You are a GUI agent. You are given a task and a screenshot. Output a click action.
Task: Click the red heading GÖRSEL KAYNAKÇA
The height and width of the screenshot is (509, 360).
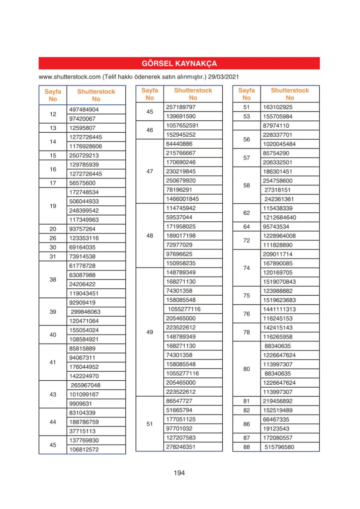pyautogui.click(x=179, y=64)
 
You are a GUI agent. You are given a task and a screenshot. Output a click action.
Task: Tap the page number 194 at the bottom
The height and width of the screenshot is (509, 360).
pyautogui.click(x=179, y=473)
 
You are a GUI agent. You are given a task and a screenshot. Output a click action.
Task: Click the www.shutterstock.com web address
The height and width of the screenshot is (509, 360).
pyautogui.click(x=69, y=78)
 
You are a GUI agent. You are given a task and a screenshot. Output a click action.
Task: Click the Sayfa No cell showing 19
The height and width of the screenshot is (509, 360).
pyautogui.click(x=53, y=206)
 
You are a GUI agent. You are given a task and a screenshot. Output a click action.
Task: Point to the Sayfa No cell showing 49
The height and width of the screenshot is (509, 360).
pyautogui.click(x=150, y=332)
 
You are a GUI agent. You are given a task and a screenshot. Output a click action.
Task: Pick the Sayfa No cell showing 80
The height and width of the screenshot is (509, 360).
pyautogui.click(x=247, y=369)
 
